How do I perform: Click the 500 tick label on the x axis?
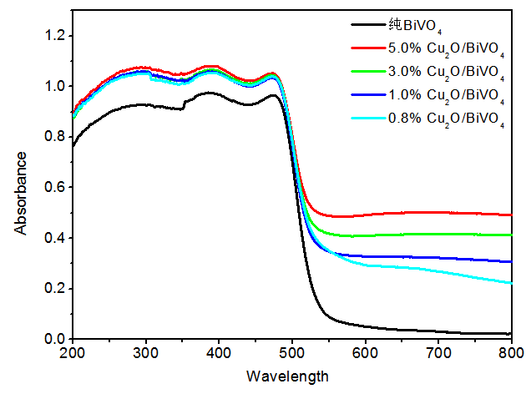292,355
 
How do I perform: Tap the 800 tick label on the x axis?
511,355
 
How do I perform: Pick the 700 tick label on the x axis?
438,355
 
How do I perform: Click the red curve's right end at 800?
511,215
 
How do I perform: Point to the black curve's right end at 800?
511,334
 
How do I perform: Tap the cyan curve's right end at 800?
511,283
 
